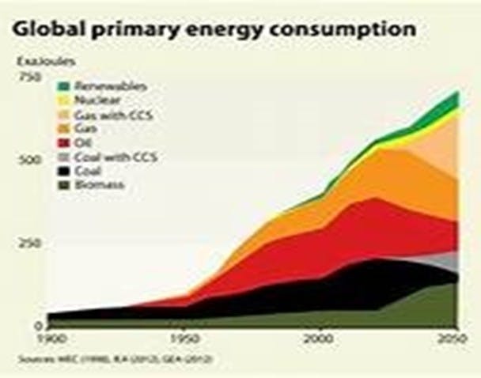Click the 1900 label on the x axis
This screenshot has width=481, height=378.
(47, 338)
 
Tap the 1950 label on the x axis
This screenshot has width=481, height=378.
(184, 338)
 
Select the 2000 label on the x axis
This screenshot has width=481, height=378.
(320, 338)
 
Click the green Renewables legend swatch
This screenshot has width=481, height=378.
(63, 86)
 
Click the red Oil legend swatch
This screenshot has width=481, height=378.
(63, 143)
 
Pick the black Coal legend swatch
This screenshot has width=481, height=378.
(63, 171)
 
